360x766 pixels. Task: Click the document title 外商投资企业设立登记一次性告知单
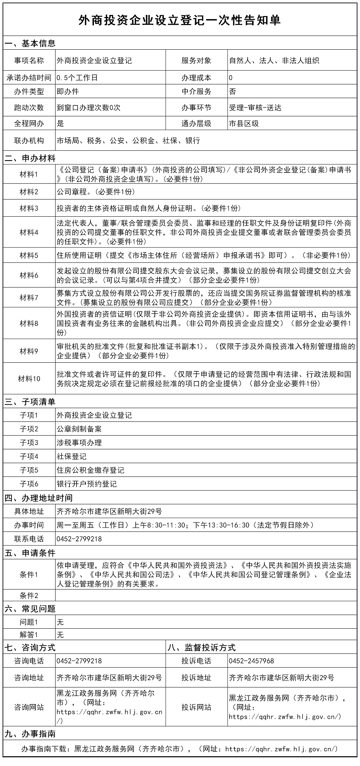click(x=179, y=20)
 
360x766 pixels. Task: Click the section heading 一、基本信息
click(x=30, y=43)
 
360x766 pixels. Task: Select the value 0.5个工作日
click(x=77, y=78)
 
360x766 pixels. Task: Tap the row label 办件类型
click(x=29, y=91)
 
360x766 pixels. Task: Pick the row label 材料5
click(x=29, y=256)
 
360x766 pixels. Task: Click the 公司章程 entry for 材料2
click(x=96, y=192)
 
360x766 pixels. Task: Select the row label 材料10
click(x=29, y=379)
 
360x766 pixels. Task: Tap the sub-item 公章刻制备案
click(x=79, y=429)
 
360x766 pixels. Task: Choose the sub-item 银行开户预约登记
click(x=87, y=484)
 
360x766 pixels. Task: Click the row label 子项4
click(x=29, y=456)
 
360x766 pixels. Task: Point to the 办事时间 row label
click(x=29, y=525)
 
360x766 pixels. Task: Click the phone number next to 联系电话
click(x=79, y=539)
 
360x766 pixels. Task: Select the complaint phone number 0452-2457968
click(x=251, y=661)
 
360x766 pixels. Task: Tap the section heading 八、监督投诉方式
click(x=201, y=647)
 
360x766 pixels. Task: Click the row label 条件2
click(x=29, y=595)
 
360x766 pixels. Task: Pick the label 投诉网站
click(x=196, y=707)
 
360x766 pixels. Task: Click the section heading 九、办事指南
click(x=30, y=734)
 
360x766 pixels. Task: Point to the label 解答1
click(x=29, y=635)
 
